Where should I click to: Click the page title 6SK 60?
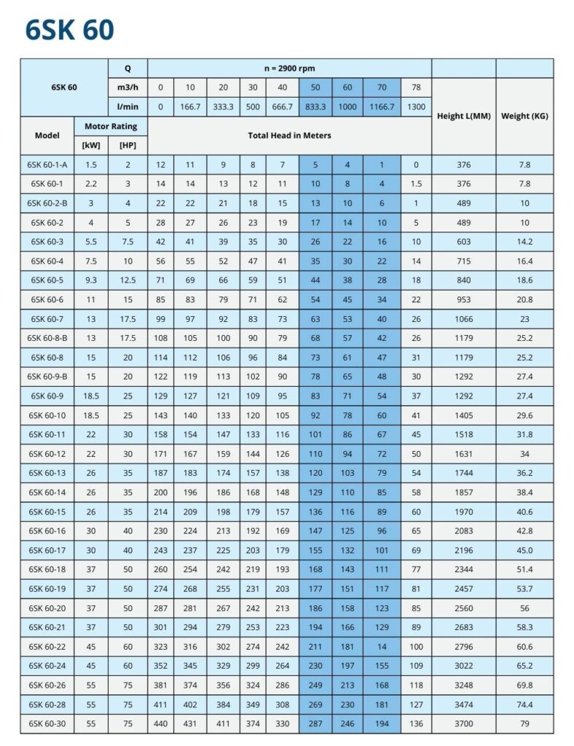(x=69, y=31)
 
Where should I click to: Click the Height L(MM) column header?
(x=463, y=116)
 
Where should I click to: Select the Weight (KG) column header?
(x=524, y=116)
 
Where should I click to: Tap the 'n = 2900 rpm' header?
(x=289, y=68)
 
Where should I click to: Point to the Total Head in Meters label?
(x=289, y=135)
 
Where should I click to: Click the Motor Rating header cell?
(x=111, y=126)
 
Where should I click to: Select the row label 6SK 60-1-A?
(x=47, y=165)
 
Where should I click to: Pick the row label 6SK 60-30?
(x=47, y=723)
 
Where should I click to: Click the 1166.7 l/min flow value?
(x=382, y=106)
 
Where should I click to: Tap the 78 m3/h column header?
(x=415, y=87)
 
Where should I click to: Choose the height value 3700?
(x=463, y=723)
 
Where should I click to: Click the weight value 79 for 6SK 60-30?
(x=524, y=723)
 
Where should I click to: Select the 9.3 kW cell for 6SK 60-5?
(x=91, y=280)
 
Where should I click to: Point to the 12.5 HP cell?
(x=127, y=280)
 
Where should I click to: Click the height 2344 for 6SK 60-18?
(x=463, y=569)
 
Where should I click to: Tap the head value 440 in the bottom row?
(x=161, y=723)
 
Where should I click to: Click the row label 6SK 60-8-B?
(x=47, y=338)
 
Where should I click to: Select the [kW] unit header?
(x=92, y=144)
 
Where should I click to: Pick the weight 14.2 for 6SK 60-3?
(x=524, y=242)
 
